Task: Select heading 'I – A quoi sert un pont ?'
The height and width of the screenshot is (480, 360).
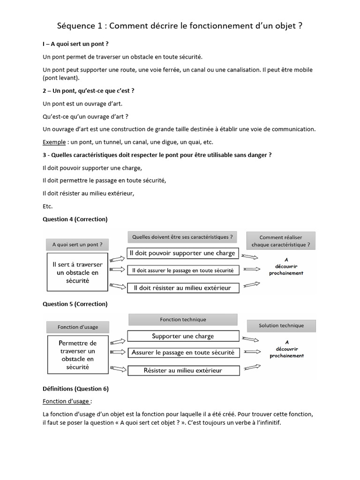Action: (x=75, y=44)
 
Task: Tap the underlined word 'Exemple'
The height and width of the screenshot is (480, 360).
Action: (x=53, y=142)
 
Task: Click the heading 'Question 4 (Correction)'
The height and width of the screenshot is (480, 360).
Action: (x=75, y=219)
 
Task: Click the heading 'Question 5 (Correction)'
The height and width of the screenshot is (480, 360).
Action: (x=75, y=304)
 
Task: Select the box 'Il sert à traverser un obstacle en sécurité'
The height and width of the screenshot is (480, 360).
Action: (x=77, y=272)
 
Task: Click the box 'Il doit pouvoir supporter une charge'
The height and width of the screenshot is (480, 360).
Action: (x=182, y=253)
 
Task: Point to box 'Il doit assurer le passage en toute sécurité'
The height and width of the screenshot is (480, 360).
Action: (x=182, y=270)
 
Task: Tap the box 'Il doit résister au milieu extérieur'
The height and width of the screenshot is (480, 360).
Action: (x=182, y=288)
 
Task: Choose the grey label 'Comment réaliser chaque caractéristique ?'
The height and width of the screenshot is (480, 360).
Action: (x=280, y=241)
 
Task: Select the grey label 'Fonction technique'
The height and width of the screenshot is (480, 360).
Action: (x=182, y=320)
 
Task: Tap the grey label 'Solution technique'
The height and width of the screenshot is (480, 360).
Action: (x=281, y=325)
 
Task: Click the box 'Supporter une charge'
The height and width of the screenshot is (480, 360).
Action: (x=182, y=336)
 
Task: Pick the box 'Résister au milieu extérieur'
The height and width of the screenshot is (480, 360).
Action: (x=182, y=370)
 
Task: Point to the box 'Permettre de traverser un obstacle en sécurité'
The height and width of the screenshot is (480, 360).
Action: (x=77, y=355)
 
